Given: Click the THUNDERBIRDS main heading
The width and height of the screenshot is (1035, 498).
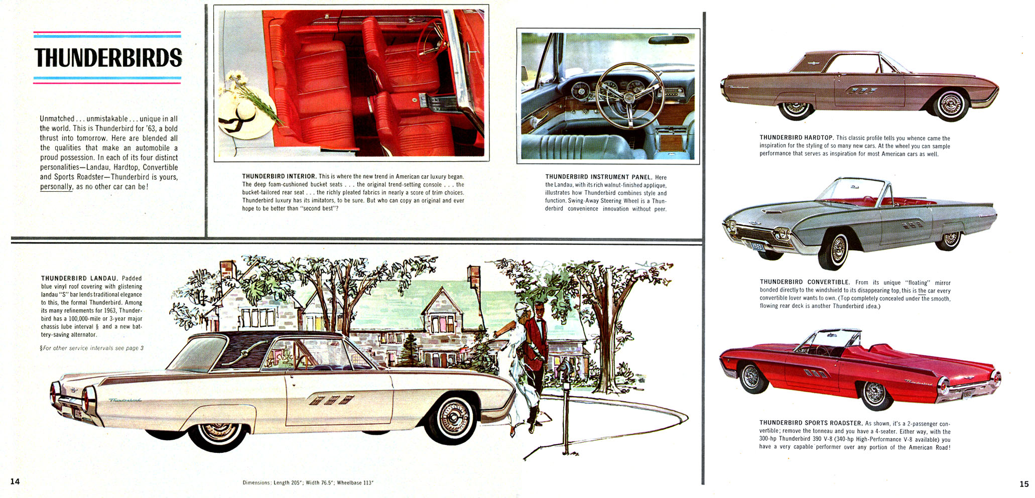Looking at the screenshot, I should point(108,58).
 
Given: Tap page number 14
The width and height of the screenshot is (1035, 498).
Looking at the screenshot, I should point(15,481).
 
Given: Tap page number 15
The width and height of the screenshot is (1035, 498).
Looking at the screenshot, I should point(1024,484).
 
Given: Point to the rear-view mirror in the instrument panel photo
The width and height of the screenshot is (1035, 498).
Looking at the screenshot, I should point(668,40).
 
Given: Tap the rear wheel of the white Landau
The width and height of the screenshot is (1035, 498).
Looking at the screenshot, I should point(219,435).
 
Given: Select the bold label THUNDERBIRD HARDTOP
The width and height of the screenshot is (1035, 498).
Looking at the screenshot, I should point(796,138).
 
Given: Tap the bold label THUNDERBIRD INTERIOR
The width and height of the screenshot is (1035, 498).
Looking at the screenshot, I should point(279,176).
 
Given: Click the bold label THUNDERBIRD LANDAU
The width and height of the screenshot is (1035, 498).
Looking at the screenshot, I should point(79,278).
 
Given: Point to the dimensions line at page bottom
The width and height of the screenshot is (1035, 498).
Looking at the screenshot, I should point(308,483).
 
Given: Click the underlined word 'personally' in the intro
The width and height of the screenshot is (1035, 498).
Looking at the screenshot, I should point(56,187).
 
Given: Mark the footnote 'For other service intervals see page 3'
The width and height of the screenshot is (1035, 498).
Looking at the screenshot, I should point(92,348).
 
